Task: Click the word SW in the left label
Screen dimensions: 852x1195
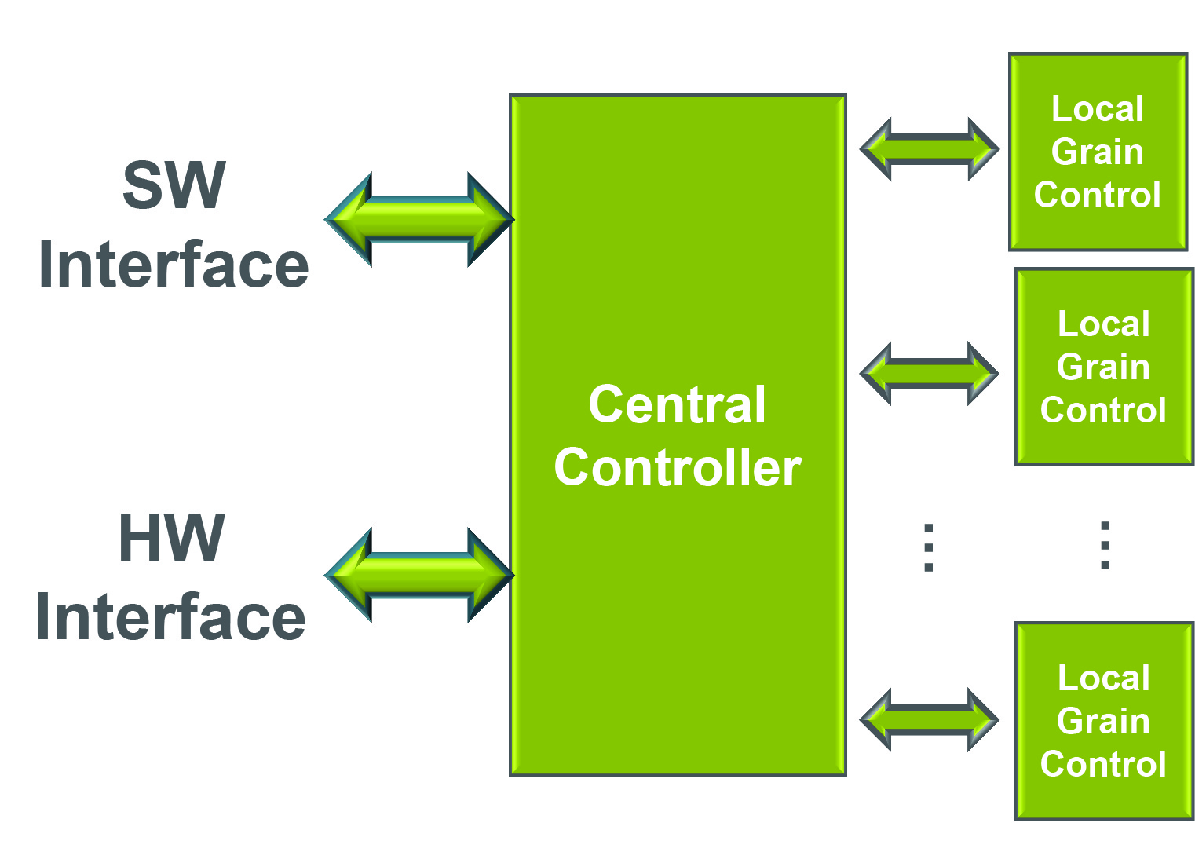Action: (174, 185)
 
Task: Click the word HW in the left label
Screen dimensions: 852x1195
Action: (172, 539)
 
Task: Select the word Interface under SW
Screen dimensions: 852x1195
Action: (174, 265)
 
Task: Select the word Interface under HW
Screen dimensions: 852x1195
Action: (171, 618)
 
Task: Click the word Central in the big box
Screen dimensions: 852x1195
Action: (677, 405)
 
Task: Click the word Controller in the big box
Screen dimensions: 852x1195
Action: (677, 468)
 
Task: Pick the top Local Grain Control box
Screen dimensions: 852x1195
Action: (1097, 152)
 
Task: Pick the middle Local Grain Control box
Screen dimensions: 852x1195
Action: (1103, 367)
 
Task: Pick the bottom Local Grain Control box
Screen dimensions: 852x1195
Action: (1103, 721)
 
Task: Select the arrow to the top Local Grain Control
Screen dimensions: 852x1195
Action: (929, 149)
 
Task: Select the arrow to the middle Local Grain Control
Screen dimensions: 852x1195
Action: (929, 374)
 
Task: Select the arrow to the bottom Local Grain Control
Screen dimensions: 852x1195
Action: (929, 719)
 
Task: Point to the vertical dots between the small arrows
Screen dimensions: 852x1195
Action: (929, 547)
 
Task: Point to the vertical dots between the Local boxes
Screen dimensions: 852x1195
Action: (1105, 545)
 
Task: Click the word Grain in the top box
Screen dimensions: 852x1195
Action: (1097, 152)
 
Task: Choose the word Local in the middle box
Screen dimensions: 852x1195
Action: (1103, 324)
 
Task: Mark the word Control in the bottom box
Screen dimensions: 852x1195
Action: (1103, 764)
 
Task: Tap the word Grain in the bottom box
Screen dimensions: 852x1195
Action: (1103, 721)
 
